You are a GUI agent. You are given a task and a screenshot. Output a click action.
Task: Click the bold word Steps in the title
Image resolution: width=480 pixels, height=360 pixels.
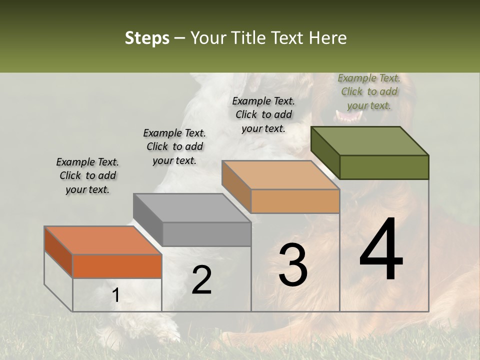(147, 38)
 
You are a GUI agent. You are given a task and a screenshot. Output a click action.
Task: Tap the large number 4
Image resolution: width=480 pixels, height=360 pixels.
(381, 250)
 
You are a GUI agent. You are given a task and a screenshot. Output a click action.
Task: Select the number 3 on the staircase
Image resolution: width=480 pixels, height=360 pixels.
(292, 265)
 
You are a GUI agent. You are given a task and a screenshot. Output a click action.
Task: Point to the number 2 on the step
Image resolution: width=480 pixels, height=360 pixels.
(201, 280)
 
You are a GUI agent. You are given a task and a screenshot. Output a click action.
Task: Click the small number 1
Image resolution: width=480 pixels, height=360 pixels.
(115, 295)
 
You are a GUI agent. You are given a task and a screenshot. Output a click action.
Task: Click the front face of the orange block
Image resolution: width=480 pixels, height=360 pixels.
(117, 266)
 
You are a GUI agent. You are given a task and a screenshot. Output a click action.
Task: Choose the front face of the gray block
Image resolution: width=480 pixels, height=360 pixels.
(206, 234)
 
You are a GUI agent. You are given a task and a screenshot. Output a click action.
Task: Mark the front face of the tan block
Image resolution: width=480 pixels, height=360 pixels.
(295, 201)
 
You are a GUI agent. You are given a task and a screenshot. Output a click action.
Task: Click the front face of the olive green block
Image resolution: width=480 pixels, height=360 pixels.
(384, 167)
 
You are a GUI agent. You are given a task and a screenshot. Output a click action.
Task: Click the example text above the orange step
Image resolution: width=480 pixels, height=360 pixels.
(87, 176)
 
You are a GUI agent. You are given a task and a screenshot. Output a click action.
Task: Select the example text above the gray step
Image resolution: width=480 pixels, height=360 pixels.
(174, 147)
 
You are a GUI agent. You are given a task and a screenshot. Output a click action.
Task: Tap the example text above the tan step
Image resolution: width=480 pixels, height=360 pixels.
(263, 114)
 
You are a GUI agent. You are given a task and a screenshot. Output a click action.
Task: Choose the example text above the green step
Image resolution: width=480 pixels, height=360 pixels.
(369, 92)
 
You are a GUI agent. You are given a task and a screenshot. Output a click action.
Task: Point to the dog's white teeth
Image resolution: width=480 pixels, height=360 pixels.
(348, 116)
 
